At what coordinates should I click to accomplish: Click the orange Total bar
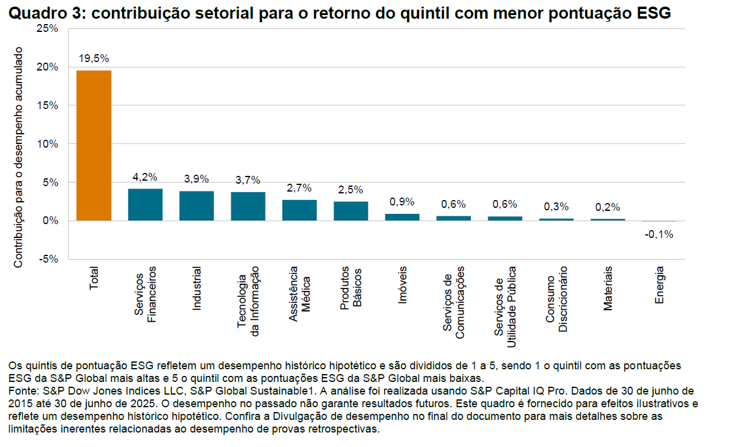[93, 146]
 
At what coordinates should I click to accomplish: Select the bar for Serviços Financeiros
[145, 205]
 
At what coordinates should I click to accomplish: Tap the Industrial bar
[196, 206]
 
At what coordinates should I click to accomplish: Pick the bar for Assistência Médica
[299, 210]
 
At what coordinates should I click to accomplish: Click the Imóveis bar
[402, 217]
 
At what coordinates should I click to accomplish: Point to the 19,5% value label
[94, 58]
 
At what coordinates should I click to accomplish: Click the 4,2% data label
[145, 177]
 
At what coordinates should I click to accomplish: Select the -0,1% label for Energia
[659, 234]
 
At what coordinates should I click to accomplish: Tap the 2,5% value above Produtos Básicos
[350, 190]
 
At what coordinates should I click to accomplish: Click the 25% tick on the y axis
[48, 28]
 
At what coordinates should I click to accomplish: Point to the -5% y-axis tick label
[48, 259]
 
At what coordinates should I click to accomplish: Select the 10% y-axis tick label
[48, 144]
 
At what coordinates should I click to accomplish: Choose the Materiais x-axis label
[608, 289]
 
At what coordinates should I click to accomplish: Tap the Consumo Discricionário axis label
[556, 299]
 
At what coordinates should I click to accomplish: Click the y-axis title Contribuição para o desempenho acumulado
[18, 158]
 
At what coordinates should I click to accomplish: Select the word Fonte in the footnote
[22, 391]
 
